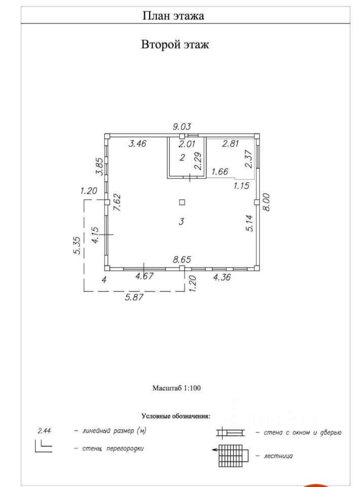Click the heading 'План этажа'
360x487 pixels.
click(180, 16)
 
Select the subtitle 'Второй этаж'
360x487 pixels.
click(174, 45)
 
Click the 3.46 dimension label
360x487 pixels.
click(137, 144)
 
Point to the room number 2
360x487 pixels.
click(182, 157)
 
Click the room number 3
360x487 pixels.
click(181, 221)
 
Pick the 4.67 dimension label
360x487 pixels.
click(143, 276)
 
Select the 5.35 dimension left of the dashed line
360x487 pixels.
click(77, 246)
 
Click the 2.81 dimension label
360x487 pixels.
click(231, 144)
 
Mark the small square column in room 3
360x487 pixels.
click(182, 202)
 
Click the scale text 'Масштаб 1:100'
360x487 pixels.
click(177, 389)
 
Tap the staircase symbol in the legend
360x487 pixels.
click(231, 456)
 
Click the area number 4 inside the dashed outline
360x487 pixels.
click(103, 279)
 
